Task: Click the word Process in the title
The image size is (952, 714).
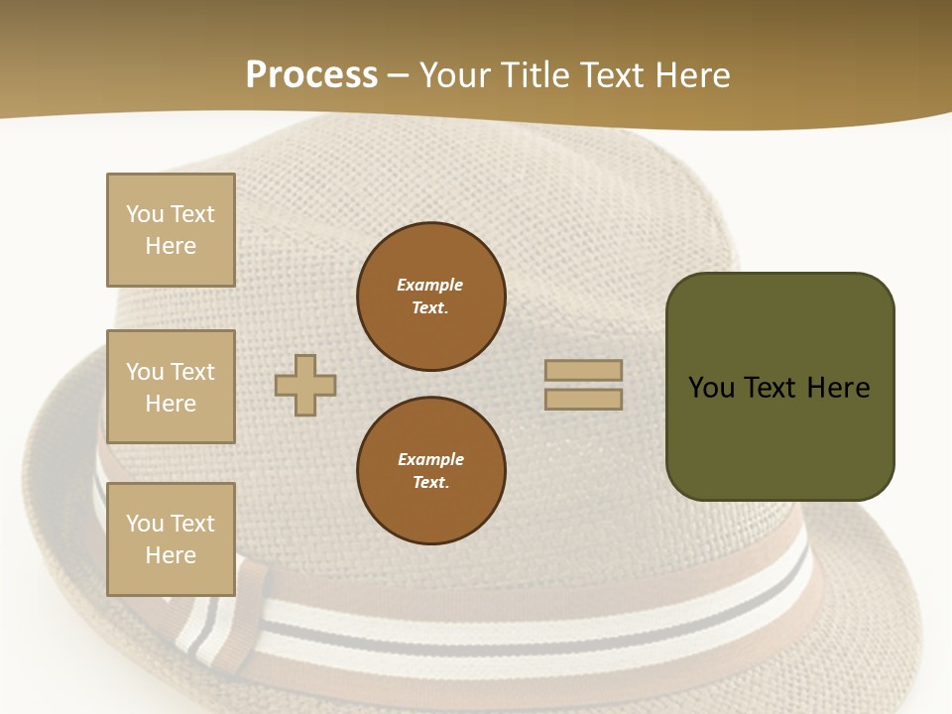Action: click(311, 75)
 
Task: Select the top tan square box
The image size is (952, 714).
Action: click(171, 230)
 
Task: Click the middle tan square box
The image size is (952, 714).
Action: click(171, 387)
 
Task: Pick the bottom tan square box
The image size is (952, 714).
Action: click(171, 539)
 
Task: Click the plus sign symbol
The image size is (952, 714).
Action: click(305, 385)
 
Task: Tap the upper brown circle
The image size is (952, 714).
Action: click(431, 297)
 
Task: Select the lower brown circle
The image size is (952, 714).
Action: click(431, 471)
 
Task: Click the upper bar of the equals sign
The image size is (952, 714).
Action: click(583, 371)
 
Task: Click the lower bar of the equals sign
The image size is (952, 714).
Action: click(583, 400)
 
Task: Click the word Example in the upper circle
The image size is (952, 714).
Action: click(430, 285)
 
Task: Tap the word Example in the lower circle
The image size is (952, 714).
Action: click(430, 459)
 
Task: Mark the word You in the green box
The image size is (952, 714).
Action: click(711, 388)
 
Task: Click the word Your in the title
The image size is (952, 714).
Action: click(455, 75)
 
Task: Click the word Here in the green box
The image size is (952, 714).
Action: click(839, 388)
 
